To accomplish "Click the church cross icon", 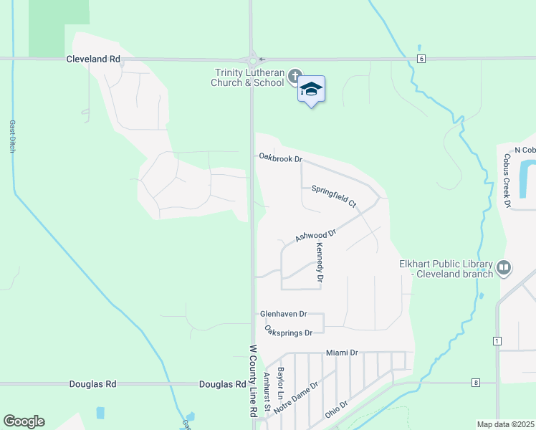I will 294,75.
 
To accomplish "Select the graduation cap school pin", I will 311,90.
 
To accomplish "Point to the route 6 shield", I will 421,59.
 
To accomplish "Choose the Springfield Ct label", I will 334,196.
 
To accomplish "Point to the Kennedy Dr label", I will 320,261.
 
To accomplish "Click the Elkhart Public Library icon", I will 504,267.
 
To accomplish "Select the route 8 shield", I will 474,383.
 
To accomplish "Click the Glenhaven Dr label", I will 283,314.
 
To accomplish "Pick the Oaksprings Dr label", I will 289,332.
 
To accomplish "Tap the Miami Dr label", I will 341,353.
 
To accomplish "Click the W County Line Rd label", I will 252,381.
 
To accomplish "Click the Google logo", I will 24,421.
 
